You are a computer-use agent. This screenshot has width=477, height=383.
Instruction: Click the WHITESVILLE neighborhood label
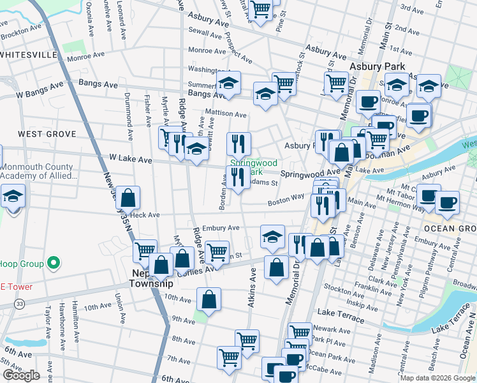click(29, 55)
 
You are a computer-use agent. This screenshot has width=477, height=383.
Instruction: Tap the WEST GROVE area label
click(47, 134)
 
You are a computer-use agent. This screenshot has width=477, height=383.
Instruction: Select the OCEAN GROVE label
click(449, 229)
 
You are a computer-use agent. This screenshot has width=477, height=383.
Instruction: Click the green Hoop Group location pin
click(54, 263)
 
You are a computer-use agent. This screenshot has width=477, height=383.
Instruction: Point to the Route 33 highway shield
click(22, 304)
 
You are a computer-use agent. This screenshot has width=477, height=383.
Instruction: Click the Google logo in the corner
click(21, 375)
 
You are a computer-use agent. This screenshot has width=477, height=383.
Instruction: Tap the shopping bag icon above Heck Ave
click(128, 198)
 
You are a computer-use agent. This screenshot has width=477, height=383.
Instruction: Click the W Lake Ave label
click(131, 158)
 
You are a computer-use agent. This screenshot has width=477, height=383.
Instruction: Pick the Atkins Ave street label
click(252, 288)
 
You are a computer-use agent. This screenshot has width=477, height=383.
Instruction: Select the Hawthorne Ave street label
click(75, 319)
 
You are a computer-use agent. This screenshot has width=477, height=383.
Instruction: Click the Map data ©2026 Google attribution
click(437, 377)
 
